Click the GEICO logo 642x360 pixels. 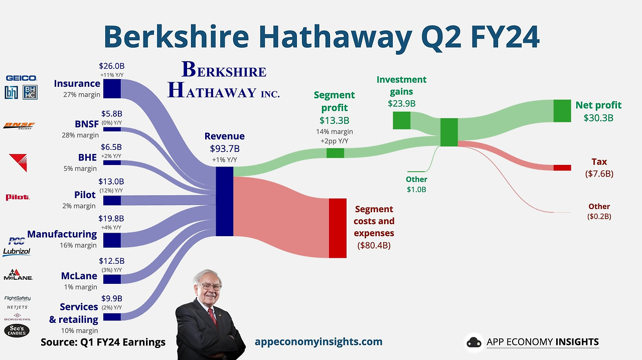[x=21, y=78]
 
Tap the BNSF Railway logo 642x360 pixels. [x=19, y=125]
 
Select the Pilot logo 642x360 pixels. [x=18, y=197]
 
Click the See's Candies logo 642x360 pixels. [x=17, y=330]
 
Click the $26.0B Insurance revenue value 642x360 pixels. [x=111, y=66]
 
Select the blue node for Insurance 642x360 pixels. [x=112, y=88]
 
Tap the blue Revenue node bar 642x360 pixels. [x=224, y=201]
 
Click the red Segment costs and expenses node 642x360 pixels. [x=338, y=228]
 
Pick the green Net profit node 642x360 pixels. [x=562, y=111]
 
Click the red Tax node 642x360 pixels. [x=562, y=167]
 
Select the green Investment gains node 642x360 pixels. [x=401, y=120]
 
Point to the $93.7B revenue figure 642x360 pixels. [x=224, y=148]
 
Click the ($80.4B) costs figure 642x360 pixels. [x=374, y=245]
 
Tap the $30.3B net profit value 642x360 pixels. [x=598, y=118]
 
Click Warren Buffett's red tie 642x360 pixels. [x=213, y=317]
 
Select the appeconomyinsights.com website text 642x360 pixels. [x=318, y=342]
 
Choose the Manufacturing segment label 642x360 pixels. [x=62, y=234]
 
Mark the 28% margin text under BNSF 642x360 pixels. [x=80, y=135]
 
